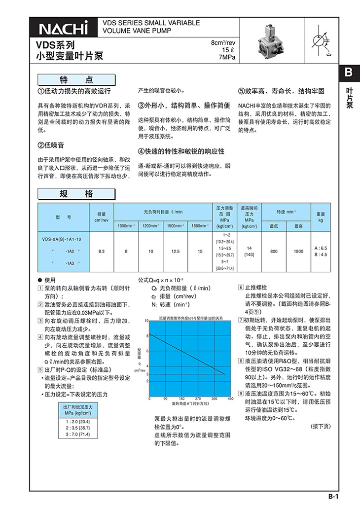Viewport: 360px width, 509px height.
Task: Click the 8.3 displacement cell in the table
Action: click(101, 251)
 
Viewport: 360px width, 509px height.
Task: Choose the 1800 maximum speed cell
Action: click(298, 251)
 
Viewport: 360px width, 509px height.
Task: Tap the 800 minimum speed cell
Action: click(274, 251)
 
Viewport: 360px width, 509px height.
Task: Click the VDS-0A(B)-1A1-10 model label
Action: click(62, 239)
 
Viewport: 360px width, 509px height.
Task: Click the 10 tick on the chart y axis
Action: click(146, 321)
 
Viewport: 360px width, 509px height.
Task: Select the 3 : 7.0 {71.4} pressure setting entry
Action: click(77, 434)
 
